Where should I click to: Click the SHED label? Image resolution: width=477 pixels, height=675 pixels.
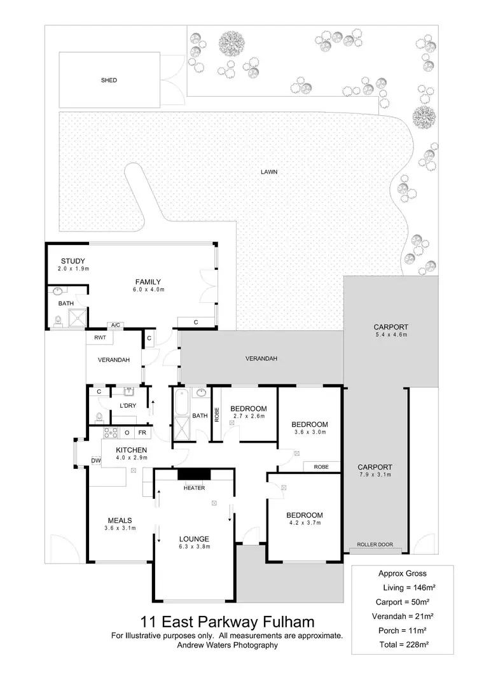click(x=109, y=81)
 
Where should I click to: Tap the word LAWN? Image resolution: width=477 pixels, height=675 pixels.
click(x=269, y=172)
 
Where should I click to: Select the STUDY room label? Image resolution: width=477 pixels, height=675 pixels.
click(x=73, y=261)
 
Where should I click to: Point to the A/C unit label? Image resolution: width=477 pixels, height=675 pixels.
click(x=115, y=325)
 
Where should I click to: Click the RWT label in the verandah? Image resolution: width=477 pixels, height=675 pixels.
click(x=100, y=338)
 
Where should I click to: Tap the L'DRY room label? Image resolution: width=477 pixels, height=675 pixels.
click(x=128, y=405)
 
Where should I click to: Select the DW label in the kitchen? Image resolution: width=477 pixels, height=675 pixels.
click(x=95, y=460)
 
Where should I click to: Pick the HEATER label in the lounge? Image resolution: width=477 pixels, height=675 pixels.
click(x=193, y=489)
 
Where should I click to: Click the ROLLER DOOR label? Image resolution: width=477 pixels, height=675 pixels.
click(x=376, y=545)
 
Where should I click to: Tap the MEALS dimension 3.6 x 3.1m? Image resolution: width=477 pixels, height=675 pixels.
click(x=120, y=528)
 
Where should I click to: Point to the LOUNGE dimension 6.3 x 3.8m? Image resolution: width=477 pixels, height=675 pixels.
click(x=194, y=546)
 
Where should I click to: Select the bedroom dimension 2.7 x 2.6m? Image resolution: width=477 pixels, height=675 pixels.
click(x=248, y=416)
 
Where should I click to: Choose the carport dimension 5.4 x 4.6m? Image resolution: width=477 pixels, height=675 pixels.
click(x=391, y=335)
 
